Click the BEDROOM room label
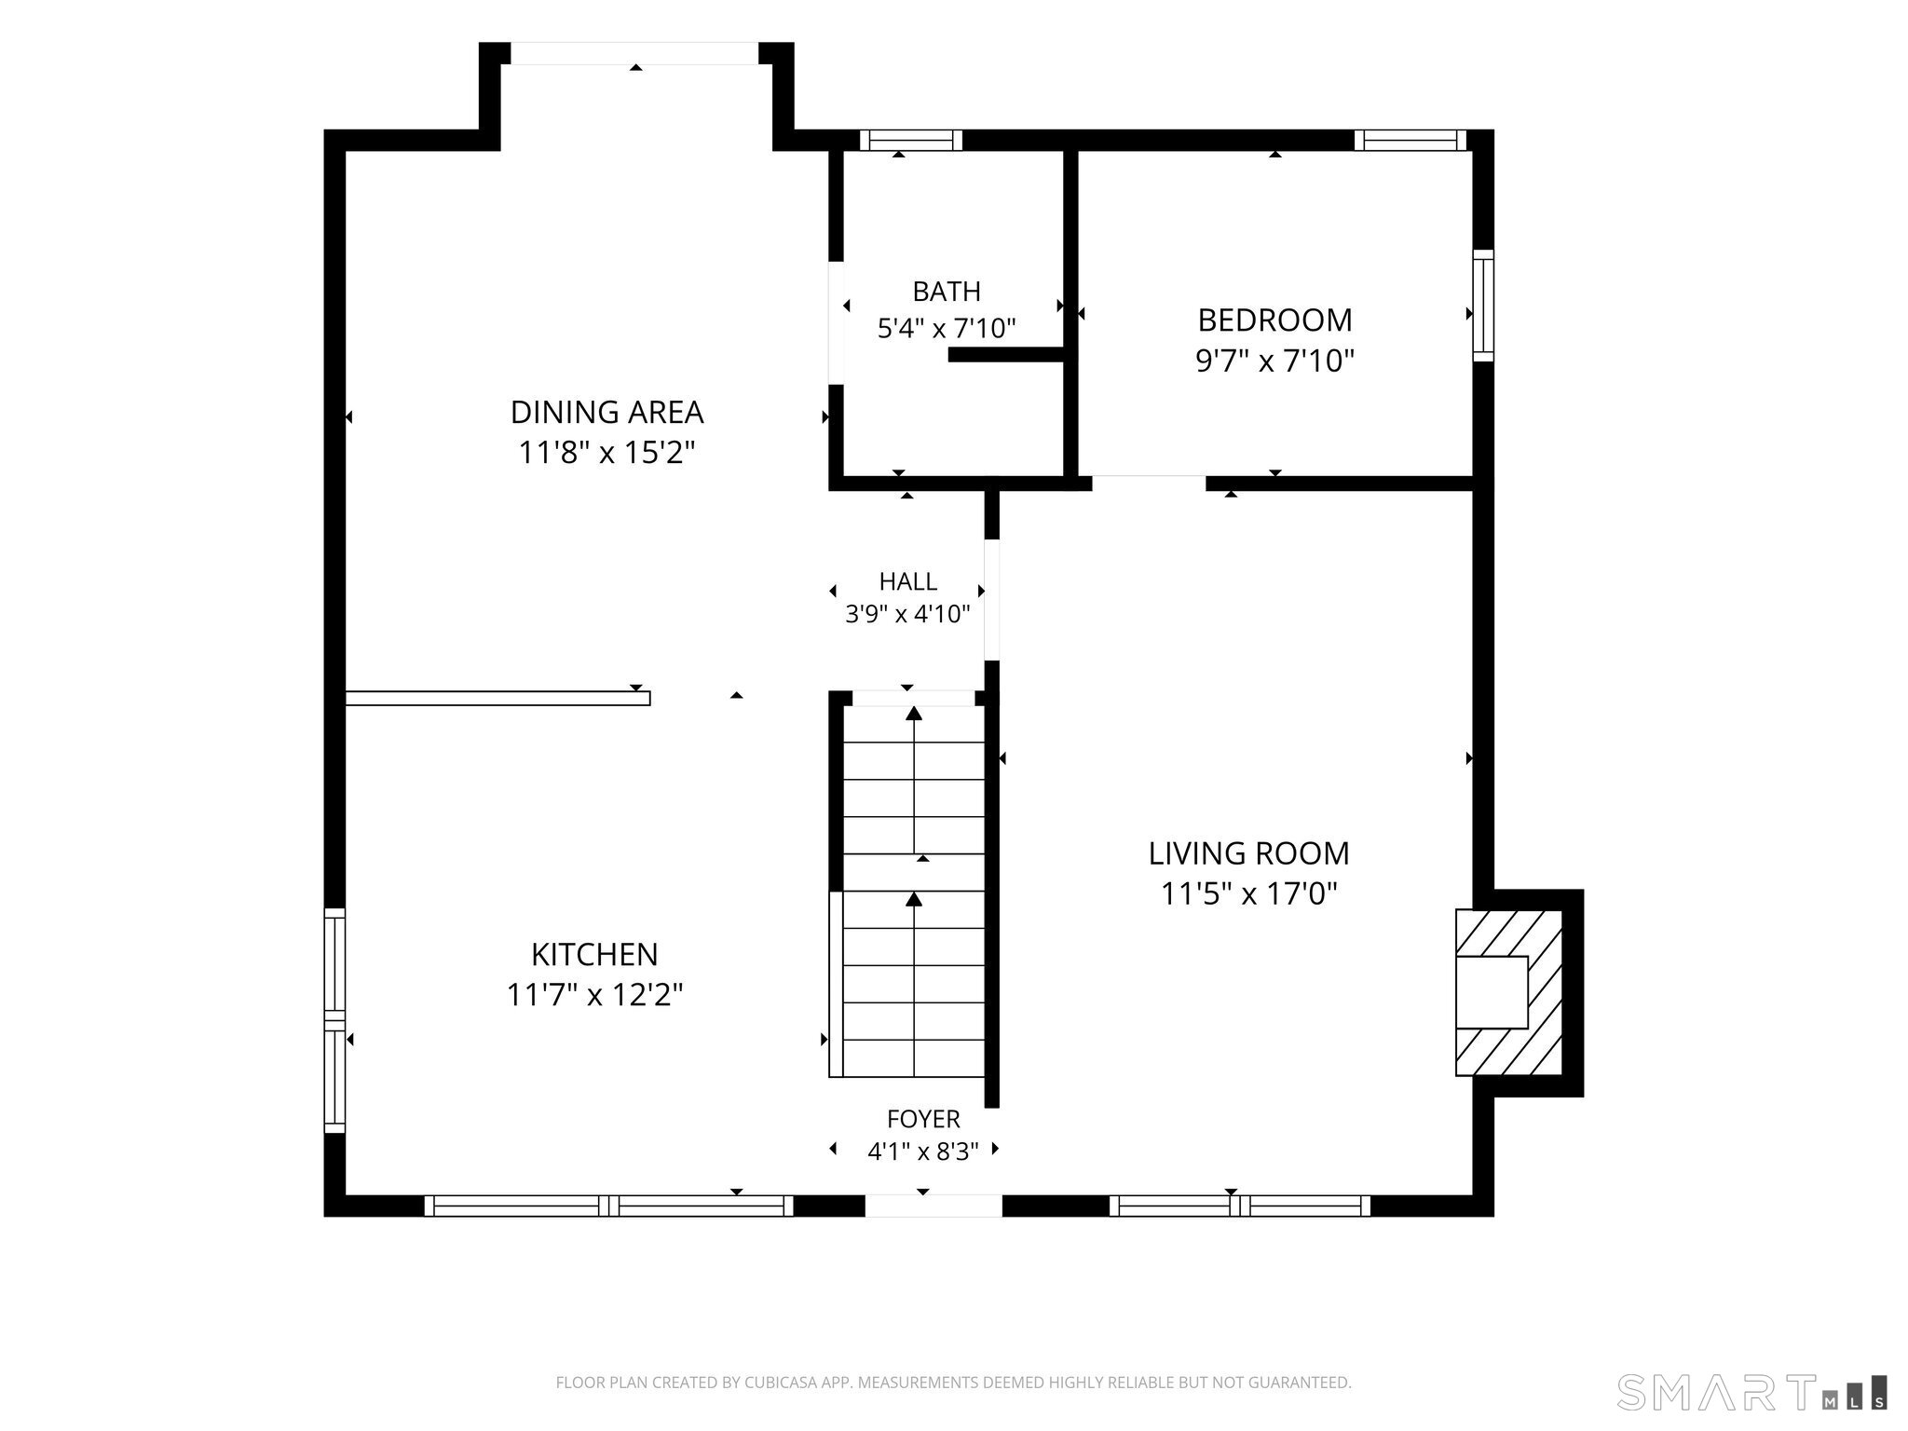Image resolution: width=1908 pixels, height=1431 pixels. point(1274,320)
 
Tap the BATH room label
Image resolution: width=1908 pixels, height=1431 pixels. point(947,292)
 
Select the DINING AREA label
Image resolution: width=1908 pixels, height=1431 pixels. point(606,412)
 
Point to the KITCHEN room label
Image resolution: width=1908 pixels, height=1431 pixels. point(594,954)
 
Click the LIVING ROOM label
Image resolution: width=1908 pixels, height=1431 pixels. point(1248,853)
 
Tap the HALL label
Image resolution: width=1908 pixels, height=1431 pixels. point(908,581)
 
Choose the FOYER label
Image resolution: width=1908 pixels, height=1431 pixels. point(923,1119)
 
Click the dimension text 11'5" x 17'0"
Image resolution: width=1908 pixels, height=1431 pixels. point(1248,894)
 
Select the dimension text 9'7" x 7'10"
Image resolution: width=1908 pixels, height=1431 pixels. point(1274,361)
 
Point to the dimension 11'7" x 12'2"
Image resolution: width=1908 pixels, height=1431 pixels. point(594,995)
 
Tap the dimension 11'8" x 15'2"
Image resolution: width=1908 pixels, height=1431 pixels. point(606,453)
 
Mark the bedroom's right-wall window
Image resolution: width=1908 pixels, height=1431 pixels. point(1483,305)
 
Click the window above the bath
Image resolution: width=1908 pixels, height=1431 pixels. point(910,141)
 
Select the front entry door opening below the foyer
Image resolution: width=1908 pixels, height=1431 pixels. point(934,1206)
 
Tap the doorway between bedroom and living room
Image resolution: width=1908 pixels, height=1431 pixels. point(1149,483)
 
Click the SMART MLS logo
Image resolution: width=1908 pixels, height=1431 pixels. point(1751,1392)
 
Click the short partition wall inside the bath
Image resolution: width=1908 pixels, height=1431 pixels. point(1006,354)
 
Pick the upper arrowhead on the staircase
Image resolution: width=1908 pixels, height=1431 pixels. point(914,714)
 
